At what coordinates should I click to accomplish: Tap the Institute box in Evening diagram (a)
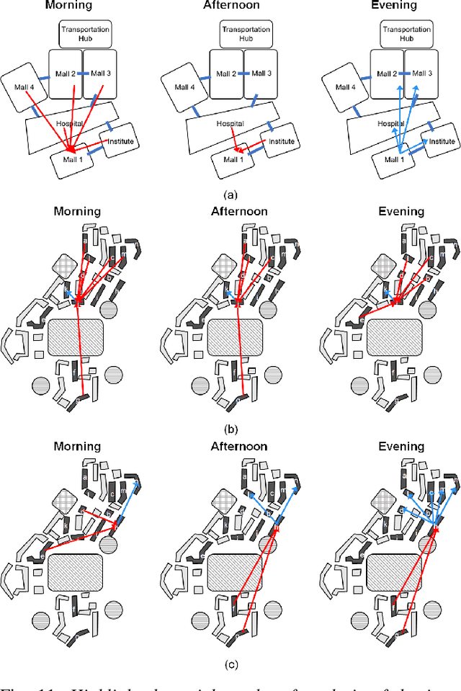click(x=430, y=143)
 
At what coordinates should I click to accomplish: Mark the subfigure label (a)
click(x=230, y=195)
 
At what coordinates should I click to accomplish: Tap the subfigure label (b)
click(x=230, y=431)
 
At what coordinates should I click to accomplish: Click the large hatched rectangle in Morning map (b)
click(x=76, y=337)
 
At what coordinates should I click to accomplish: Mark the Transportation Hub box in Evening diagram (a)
click(x=406, y=34)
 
